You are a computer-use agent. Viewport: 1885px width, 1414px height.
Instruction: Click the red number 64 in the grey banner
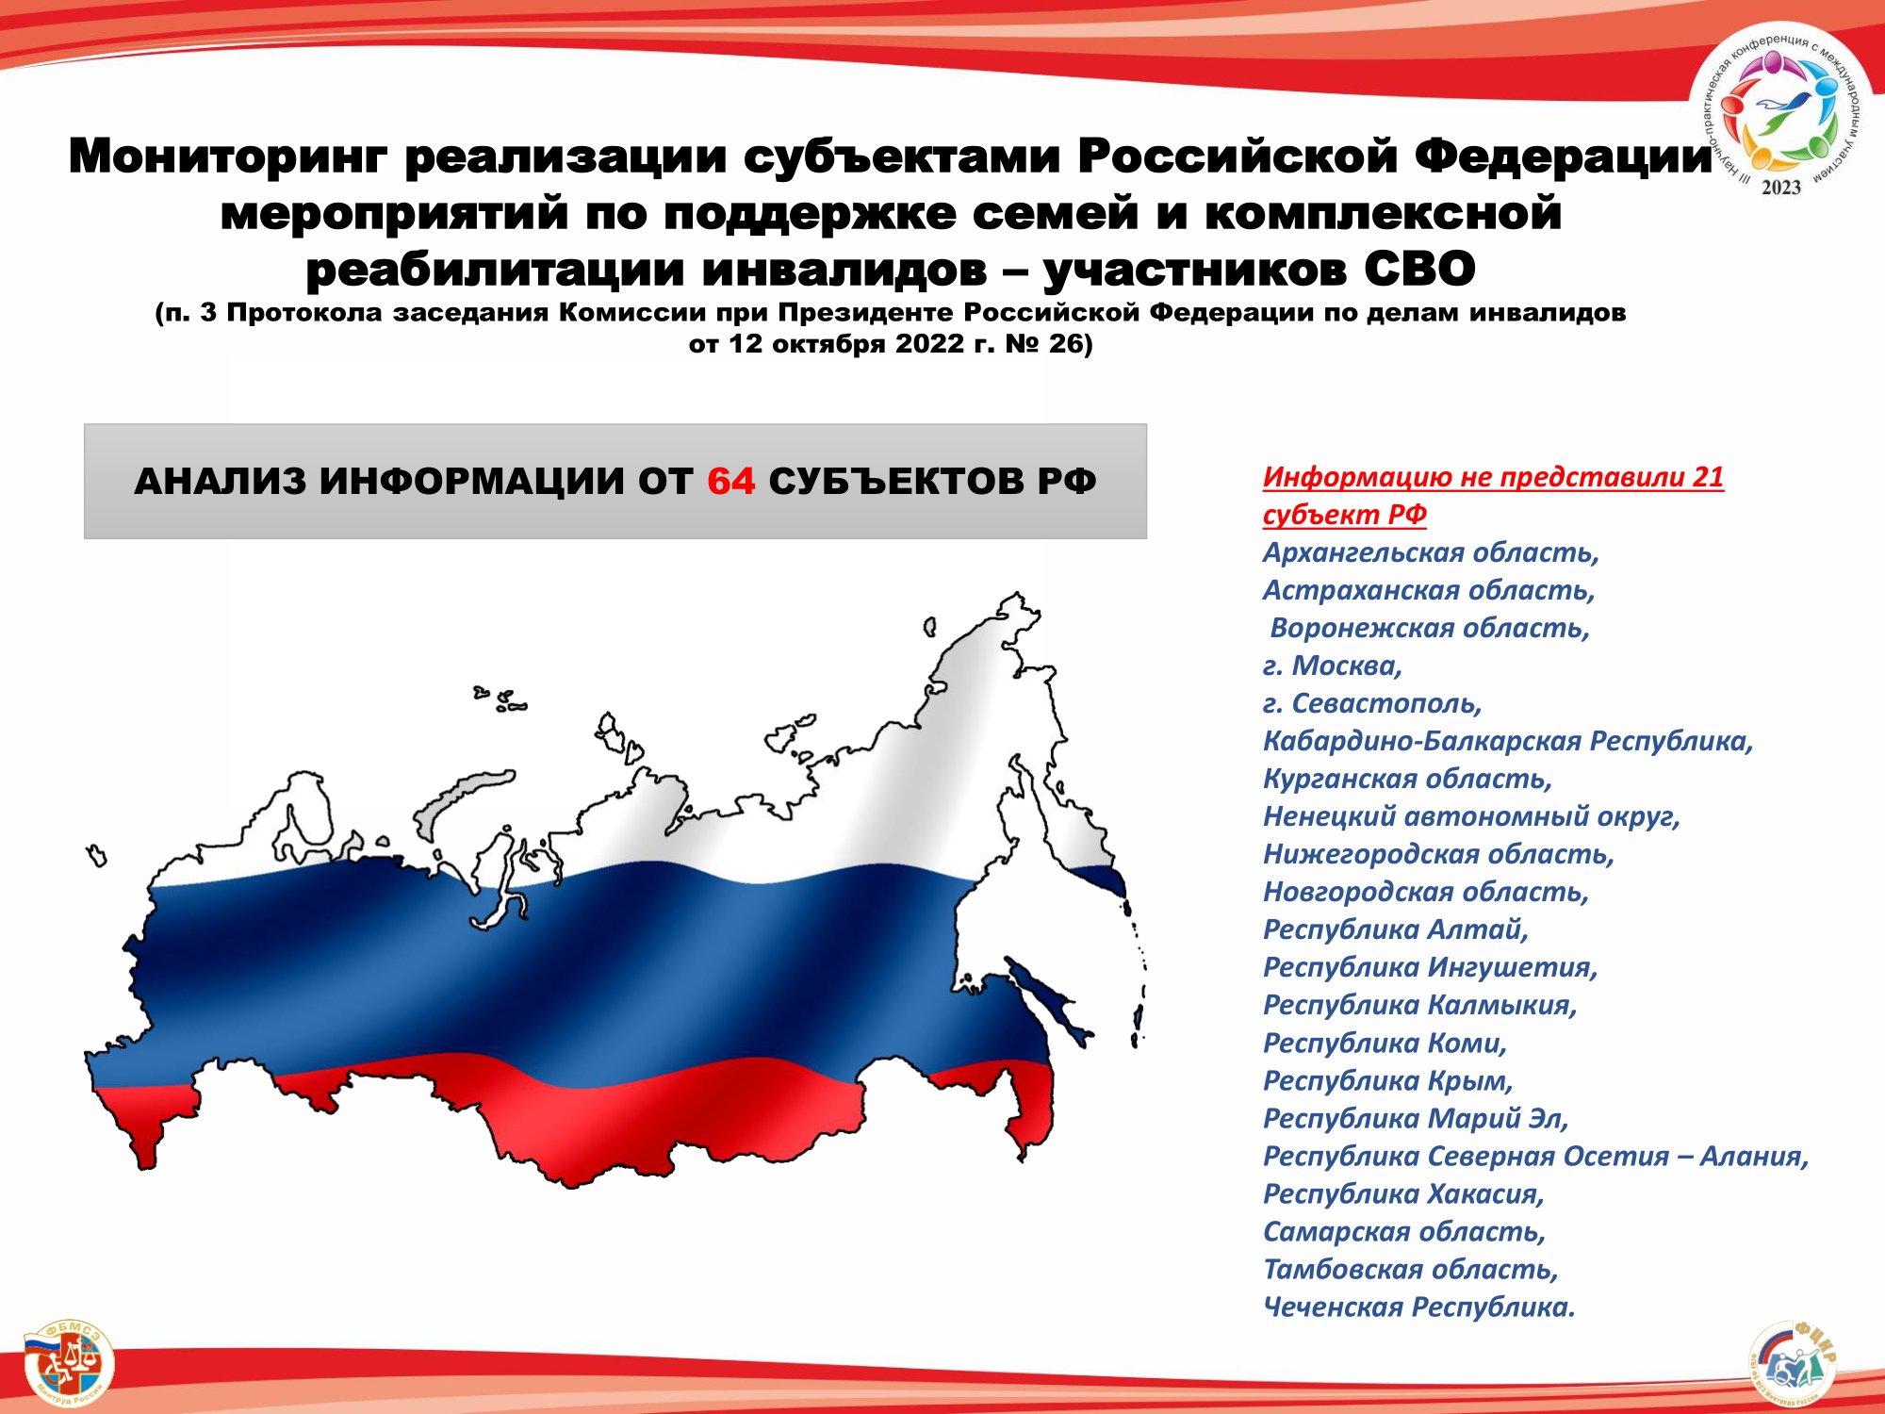(x=731, y=482)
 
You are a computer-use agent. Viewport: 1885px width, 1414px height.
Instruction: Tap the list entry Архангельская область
(x=1431, y=552)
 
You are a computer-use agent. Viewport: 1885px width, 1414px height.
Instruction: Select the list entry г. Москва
(x=1333, y=666)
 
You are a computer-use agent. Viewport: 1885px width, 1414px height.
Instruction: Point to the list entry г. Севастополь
(x=1372, y=703)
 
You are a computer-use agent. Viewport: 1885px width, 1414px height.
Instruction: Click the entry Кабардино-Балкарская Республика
(x=1508, y=741)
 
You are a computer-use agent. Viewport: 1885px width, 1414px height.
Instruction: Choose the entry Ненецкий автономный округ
(x=1471, y=816)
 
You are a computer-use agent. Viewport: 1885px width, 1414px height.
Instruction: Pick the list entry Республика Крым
(x=1387, y=1080)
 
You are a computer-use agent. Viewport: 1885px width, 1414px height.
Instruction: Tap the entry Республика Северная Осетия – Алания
(x=1535, y=1156)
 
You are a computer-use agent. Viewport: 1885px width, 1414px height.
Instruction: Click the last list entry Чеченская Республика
(x=1418, y=1307)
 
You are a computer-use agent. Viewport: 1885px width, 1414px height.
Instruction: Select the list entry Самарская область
(x=1404, y=1231)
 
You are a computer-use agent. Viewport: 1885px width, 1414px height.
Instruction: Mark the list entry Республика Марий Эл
(x=1416, y=1118)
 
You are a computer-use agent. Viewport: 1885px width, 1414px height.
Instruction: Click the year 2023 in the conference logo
(x=1780, y=188)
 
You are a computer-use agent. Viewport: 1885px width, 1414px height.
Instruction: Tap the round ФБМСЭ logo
(x=68, y=1361)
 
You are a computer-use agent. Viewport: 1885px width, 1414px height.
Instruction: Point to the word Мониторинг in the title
(x=228, y=156)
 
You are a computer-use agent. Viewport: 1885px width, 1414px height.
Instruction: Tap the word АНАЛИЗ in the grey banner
(x=221, y=482)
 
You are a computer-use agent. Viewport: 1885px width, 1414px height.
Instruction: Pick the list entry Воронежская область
(x=1430, y=628)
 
